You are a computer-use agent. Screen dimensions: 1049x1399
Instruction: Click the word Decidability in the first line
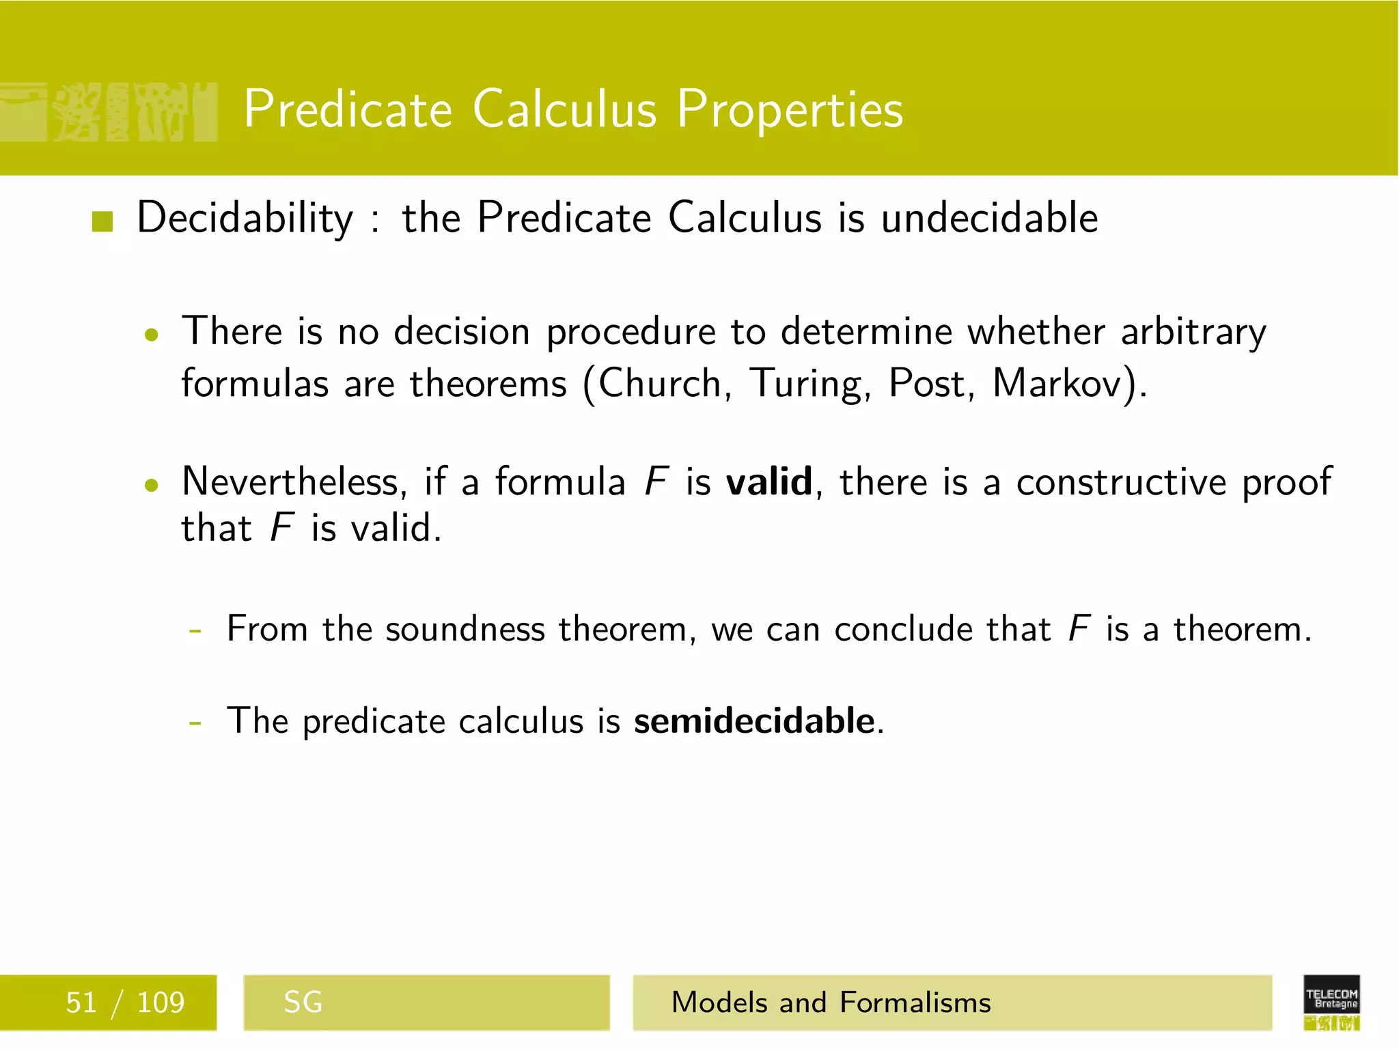(245, 219)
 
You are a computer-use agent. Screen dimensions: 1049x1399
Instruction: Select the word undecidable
(989, 219)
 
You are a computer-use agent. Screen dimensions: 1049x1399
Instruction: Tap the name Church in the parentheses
(660, 383)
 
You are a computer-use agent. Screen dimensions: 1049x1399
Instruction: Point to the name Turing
(809, 384)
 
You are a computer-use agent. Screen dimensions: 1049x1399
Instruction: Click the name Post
(930, 383)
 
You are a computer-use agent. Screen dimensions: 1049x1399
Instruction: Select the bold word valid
(768, 481)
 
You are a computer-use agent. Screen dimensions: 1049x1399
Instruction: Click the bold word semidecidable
(754, 721)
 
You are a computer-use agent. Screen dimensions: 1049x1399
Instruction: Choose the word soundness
(465, 629)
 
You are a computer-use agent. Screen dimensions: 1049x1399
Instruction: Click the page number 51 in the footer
(81, 1003)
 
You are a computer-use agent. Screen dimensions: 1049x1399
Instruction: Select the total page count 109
(161, 1003)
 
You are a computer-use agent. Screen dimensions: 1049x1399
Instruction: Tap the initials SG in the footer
(303, 1003)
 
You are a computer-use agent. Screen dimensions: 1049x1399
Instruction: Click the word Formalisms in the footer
(915, 1003)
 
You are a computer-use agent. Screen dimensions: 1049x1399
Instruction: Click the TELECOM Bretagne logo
(1331, 1001)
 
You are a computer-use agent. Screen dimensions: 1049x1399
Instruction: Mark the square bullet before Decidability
(102, 221)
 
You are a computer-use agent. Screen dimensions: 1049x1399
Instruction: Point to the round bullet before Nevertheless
(152, 485)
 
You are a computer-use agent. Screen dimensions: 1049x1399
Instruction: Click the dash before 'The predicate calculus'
(195, 723)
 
